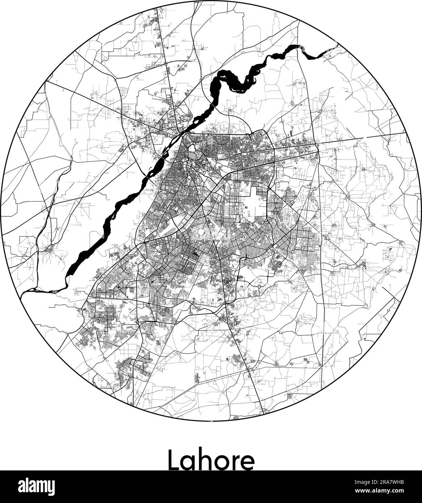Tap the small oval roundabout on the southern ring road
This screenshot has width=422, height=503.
259,287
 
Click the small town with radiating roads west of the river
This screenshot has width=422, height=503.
47,249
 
